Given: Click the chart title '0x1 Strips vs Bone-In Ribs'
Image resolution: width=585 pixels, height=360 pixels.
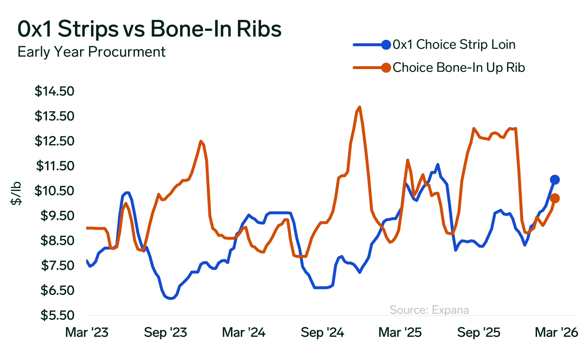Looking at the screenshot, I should tap(149, 29).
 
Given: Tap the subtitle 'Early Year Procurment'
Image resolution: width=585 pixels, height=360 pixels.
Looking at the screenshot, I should tap(92, 52).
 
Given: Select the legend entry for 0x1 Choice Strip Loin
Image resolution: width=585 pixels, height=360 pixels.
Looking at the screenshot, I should tap(454, 45).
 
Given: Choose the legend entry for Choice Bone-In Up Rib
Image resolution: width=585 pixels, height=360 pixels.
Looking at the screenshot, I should tap(458, 68).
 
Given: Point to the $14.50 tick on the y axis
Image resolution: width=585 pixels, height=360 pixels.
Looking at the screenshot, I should tap(55, 91).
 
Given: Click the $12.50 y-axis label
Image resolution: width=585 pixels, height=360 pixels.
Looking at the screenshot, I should tap(55, 141).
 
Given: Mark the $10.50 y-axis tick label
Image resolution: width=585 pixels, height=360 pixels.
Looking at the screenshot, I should tap(55, 191).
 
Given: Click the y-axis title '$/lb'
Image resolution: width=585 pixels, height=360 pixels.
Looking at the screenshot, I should tap(16, 193).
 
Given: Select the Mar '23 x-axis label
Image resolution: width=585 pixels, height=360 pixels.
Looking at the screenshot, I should tap(87, 332).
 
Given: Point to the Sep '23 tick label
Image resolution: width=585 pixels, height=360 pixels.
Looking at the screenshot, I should tap(165, 332).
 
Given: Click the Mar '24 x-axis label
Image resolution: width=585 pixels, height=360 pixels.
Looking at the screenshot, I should tap(244, 332).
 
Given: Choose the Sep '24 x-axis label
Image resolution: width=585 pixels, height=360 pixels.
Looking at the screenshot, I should tap(322, 332).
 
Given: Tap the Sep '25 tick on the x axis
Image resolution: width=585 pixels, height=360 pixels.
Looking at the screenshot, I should tap(479, 332).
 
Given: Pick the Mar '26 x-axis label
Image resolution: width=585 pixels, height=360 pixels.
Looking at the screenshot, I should tap(556, 332).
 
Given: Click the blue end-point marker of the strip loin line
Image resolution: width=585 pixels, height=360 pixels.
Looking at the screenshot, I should tap(555, 179).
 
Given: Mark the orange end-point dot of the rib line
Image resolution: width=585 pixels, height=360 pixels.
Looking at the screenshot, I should tap(555, 198).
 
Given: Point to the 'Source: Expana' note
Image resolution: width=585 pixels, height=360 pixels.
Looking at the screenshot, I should tap(429, 310).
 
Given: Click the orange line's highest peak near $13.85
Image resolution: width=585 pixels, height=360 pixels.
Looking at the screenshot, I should tap(360, 107).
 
